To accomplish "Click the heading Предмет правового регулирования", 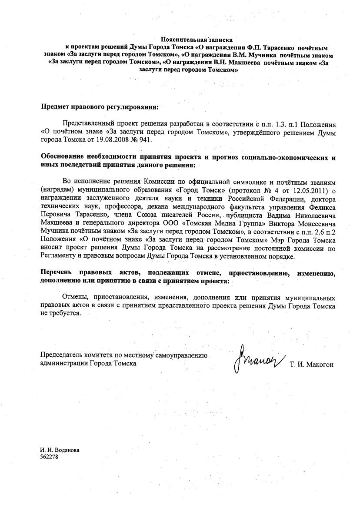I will point(100,106).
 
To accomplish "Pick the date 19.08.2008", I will point(119,140).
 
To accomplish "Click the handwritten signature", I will point(260,358).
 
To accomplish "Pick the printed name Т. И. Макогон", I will point(311,365).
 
